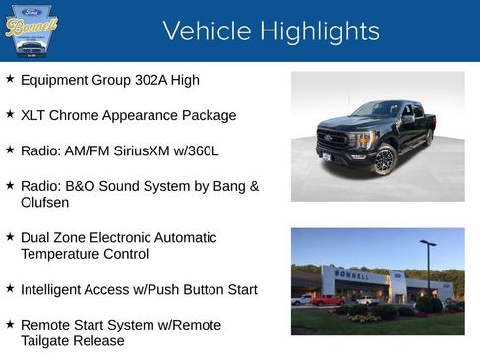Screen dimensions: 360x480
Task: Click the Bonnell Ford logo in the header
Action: click(x=31, y=30)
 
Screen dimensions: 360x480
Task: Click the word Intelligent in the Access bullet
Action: click(x=54, y=289)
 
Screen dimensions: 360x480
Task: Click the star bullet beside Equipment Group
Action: click(x=10, y=78)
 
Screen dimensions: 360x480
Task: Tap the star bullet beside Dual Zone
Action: click(x=10, y=237)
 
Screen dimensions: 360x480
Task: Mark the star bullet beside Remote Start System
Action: click(x=10, y=324)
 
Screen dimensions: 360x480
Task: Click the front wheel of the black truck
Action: click(x=383, y=160)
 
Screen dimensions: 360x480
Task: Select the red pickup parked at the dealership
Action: click(x=327, y=300)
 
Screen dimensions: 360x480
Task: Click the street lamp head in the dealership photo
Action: click(x=428, y=242)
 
